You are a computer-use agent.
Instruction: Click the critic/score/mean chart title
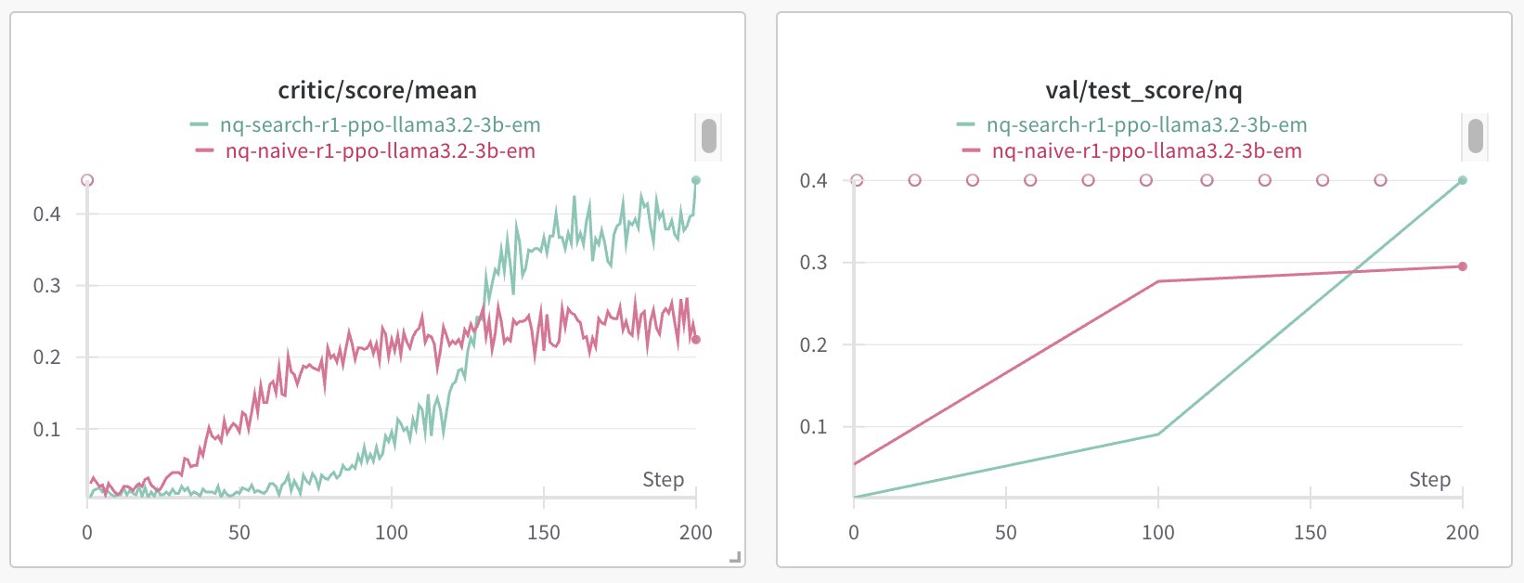point(377,90)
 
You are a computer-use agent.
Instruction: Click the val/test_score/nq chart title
point(1143,90)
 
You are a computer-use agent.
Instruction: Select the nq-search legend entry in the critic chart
point(379,124)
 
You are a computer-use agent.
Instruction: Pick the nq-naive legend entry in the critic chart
point(380,150)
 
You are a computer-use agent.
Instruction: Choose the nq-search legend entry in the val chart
point(1145,124)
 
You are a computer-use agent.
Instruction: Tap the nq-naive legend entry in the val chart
point(1146,150)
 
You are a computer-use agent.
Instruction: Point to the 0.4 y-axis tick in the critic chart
point(47,214)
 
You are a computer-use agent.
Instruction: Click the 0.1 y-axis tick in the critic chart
point(47,430)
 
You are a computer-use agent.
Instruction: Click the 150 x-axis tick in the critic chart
point(544,532)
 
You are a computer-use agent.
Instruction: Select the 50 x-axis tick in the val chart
point(1006,532)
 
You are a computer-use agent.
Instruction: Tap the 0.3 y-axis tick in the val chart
point(814,263)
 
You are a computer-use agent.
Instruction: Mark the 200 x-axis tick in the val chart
point(1463,532)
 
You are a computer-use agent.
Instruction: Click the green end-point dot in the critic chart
point(696,180)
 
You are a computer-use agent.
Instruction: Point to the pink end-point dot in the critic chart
point(696,340)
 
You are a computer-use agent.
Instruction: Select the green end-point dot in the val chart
point(1463,180)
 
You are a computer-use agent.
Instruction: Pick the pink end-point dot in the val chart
point(1463,266)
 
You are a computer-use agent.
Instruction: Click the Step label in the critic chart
point(663,479)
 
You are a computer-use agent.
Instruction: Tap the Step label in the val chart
point(1429,479)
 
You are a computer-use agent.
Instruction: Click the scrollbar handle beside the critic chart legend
point(709,136)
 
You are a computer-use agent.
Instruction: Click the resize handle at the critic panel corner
point(735,557)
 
